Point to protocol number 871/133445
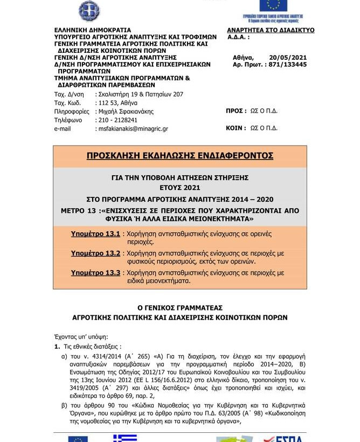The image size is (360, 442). click(x=288, y=64)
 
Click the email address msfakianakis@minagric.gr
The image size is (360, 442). click(x=133, y=129)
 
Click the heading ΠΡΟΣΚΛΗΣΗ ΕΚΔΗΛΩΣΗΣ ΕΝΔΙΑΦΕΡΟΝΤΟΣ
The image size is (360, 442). click(x=180, y=156)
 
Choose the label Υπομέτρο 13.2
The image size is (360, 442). click(x=95, y=253)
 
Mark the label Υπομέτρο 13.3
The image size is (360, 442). click(x=95, y=273)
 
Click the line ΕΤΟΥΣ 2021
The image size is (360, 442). click(x=180, y=188)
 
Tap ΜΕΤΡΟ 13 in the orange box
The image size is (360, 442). click(x=104, y=210)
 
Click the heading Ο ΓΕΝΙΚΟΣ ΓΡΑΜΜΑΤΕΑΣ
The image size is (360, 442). click(x=180, y=307)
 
